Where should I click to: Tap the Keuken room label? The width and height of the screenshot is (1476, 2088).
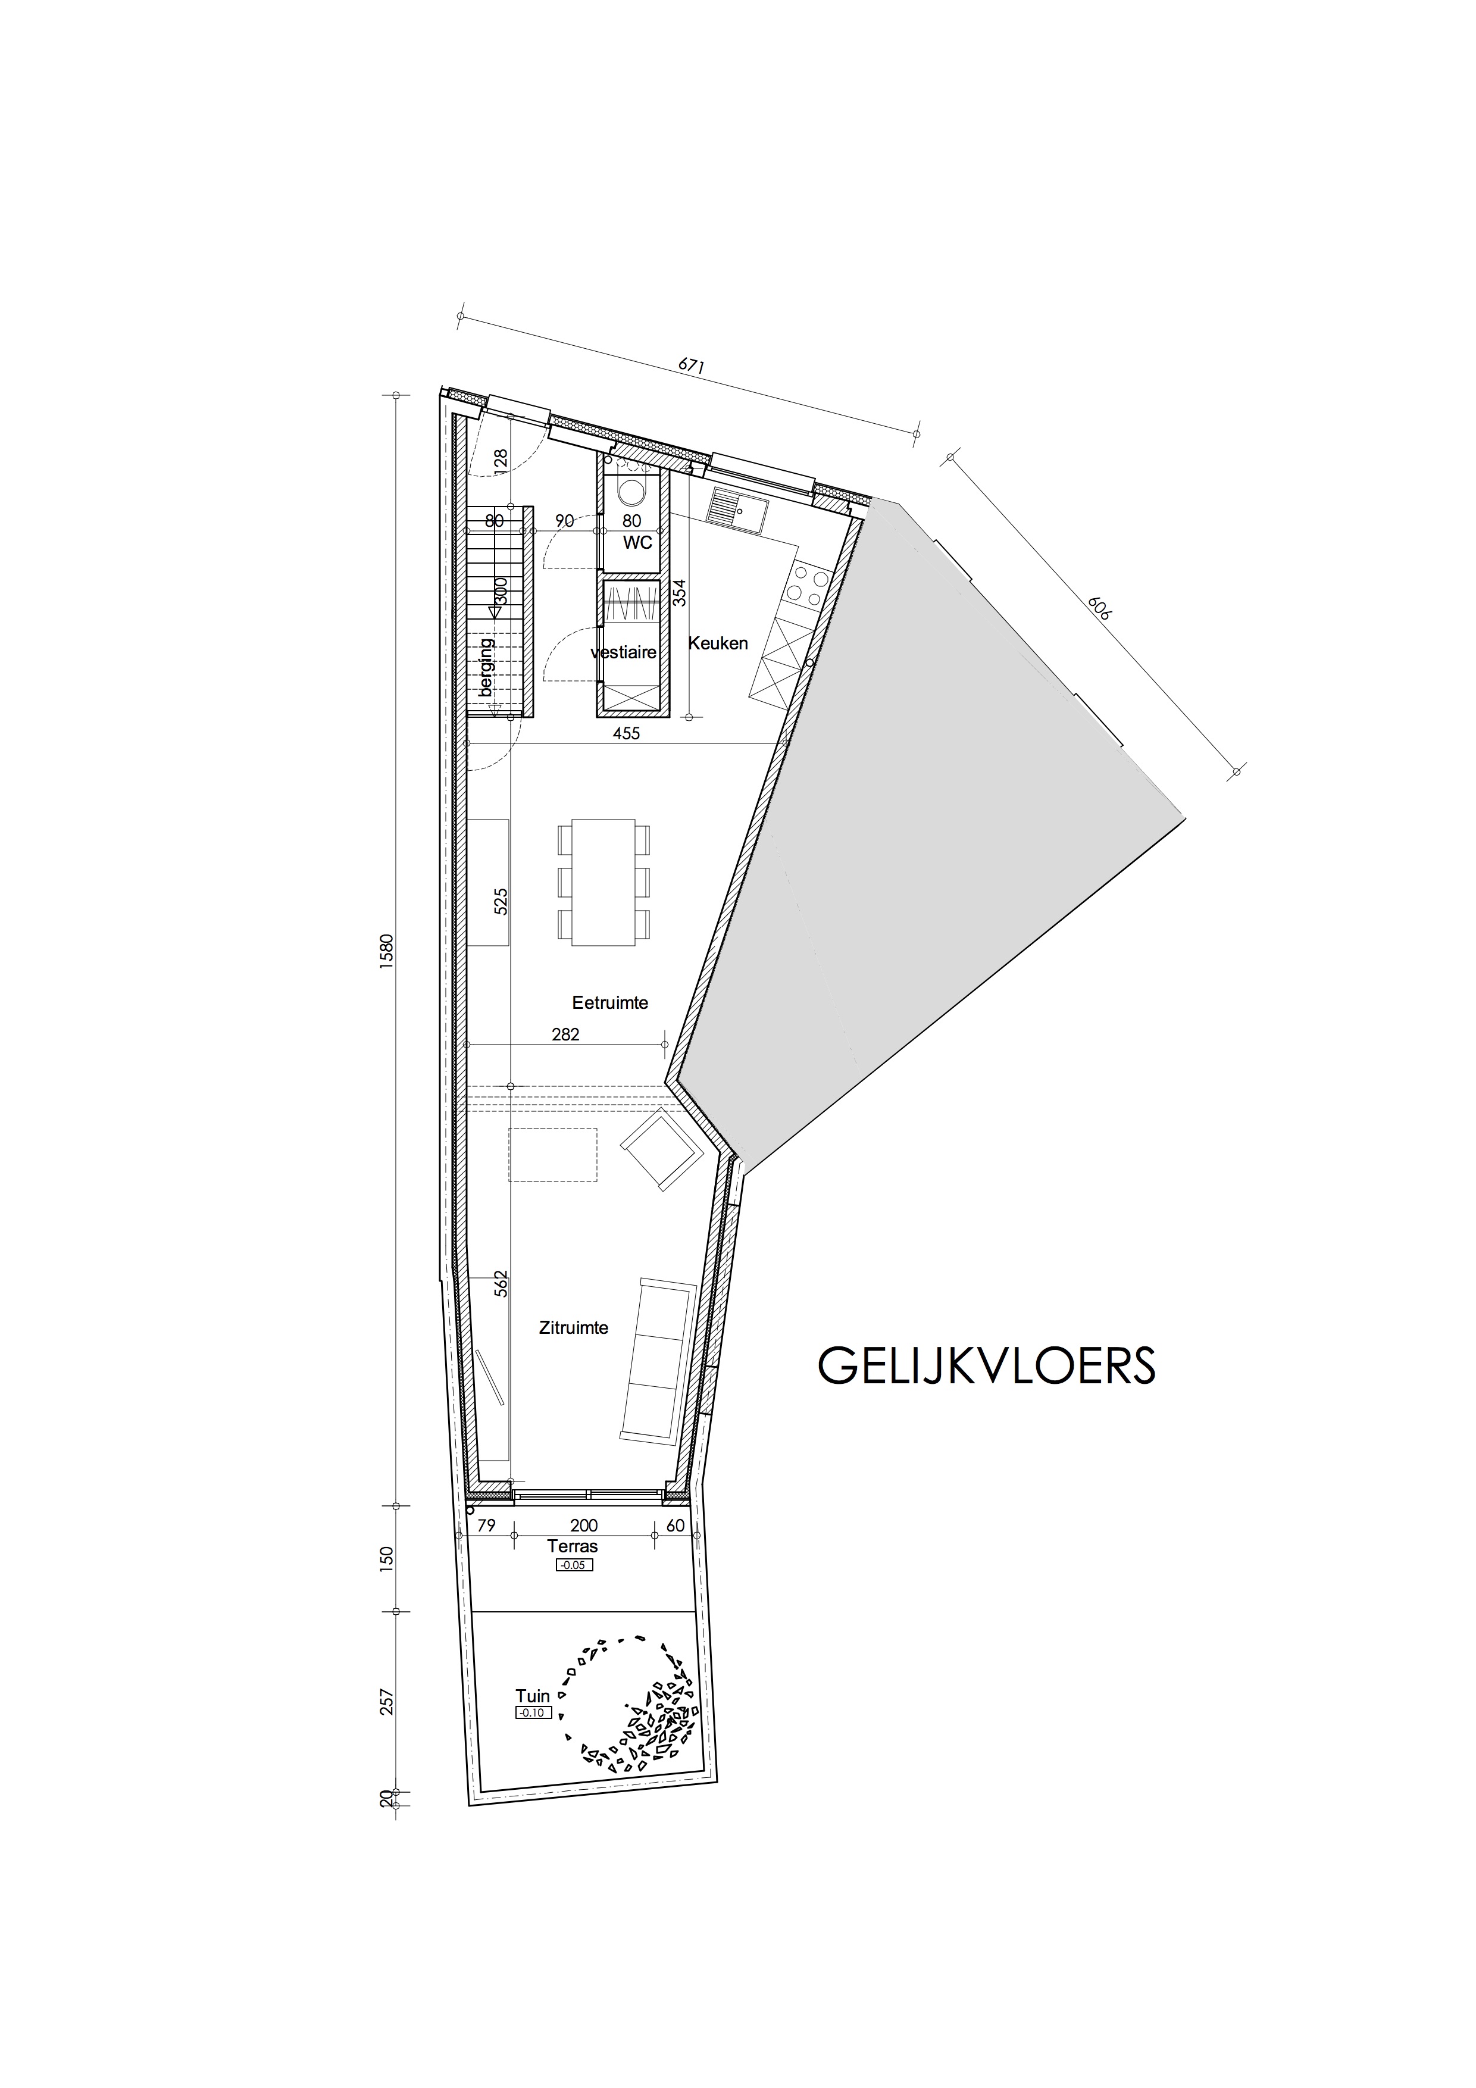click(718, 643)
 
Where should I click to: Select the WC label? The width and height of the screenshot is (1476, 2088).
click(637, 543)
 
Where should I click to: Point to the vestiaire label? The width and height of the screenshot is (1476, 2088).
click(623, 652)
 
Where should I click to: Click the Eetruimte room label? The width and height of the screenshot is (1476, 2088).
click(609, 1003)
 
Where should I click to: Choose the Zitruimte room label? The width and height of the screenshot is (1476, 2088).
click(573, 1328)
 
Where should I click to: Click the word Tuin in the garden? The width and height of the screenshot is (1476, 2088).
click(533, 1695)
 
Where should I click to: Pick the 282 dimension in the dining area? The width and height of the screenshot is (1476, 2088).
click(565, 1034)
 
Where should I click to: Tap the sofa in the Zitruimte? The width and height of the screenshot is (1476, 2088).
click(656, 1359)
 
